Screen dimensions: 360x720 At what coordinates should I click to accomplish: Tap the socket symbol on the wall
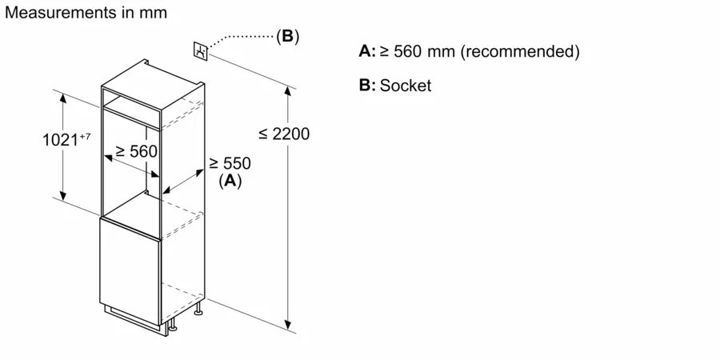coord(200,50)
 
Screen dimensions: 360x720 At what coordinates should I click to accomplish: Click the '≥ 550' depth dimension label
coord(230,163)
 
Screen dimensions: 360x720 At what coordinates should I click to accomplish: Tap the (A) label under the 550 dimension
coord(230,181)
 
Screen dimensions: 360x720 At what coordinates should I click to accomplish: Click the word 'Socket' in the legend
coord(405,86)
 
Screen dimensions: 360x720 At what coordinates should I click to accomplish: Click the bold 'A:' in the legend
coord(366,52)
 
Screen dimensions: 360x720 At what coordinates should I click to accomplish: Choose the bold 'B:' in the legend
coord(366,86)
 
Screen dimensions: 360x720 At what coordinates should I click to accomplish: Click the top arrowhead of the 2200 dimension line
coord(288,90)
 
